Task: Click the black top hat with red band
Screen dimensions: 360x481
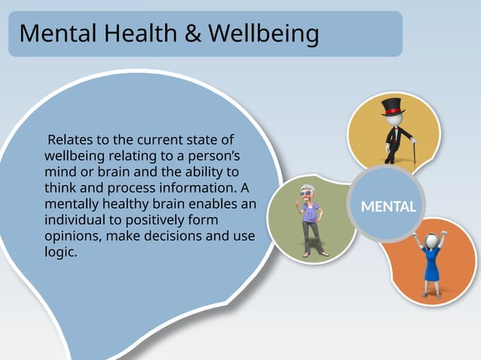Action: click(x=392, y=107)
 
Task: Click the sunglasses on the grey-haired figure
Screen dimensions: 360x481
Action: click(x=307, y=193)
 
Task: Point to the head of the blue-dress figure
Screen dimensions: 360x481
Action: click(x=433, y=241)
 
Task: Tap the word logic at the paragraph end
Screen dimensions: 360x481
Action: click(x=60, y=252)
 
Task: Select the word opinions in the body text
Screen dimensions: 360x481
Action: click(x=72, y=236)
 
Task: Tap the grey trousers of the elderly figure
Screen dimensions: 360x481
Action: click(x=309, y=237)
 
